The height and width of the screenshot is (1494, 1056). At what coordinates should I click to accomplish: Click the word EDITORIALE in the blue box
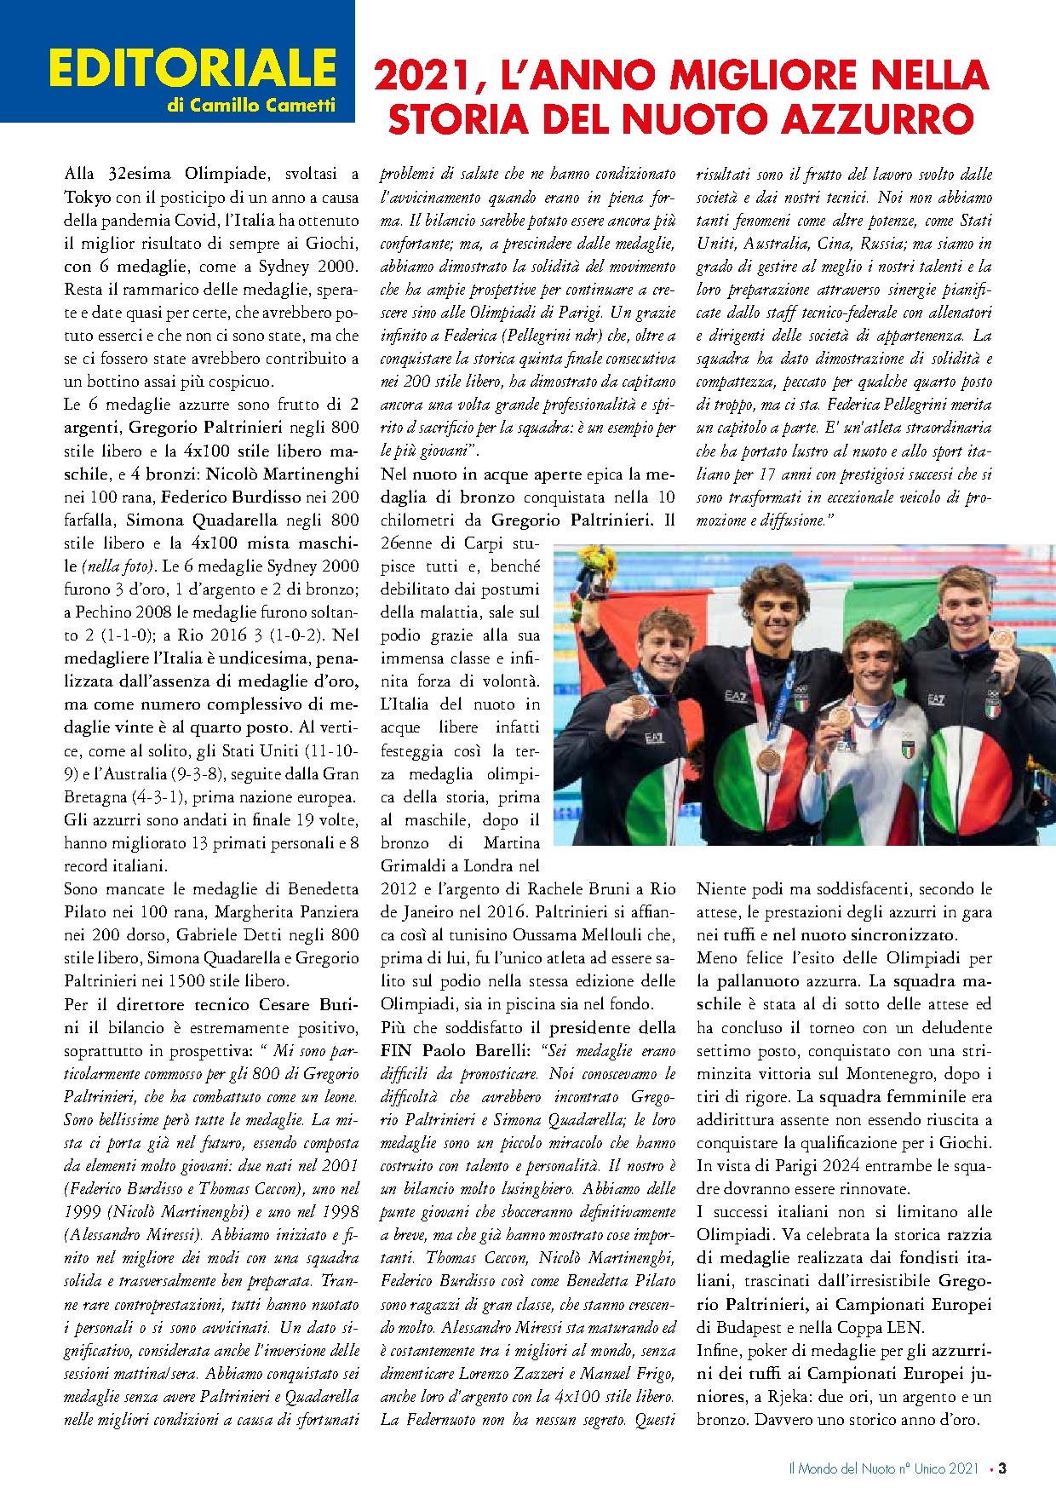[192, 68]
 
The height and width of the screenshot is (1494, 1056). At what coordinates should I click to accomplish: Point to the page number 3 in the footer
[1002, 1468]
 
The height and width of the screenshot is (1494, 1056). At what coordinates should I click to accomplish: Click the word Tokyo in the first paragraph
[88, 197]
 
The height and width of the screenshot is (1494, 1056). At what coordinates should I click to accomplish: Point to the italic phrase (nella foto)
[119, 566]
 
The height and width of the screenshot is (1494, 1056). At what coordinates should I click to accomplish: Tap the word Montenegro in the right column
[895, 1074]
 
